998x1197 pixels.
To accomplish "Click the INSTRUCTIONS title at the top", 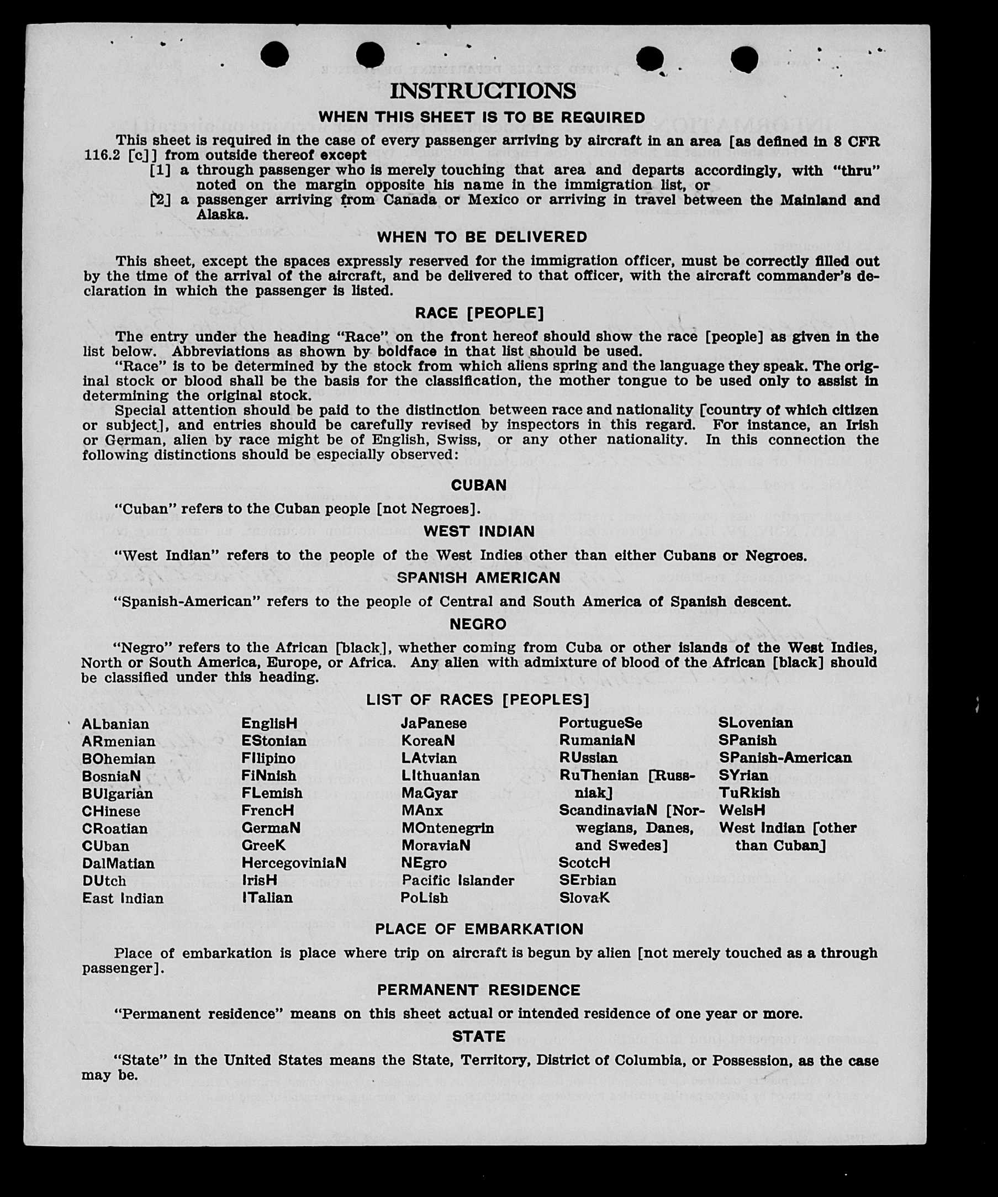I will click(x=483, y=91).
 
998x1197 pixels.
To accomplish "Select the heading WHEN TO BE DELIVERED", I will click(x=482, y=237).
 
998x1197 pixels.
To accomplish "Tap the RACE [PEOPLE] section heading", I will click(x=479, y=313).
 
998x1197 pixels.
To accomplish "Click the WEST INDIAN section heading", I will click(x=479, y=531).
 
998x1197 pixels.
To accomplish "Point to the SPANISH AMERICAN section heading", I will click(x=479, y=577).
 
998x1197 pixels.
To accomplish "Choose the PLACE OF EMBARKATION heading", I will click(x=479, y=929).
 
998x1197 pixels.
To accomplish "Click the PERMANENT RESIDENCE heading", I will click(x=479, y=990).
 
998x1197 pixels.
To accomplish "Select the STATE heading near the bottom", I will click(x=479, y=1036).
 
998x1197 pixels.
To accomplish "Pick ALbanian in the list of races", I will click(x=115, y=724).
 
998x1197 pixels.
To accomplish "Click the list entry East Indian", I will click(x=123, y=898).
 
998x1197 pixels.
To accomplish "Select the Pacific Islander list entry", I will click(x=458, y=880).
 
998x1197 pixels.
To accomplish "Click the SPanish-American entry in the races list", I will click(x=785, y=757).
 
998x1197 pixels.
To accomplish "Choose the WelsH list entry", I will click(x=742, y=810).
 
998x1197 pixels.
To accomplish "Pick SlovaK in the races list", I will click(x=584, y=898).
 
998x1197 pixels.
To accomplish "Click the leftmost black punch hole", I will click(x=274, y=55).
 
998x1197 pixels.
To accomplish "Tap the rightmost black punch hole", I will click(x=744, y=59).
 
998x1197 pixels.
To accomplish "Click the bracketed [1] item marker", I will click(x=160, y=170).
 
